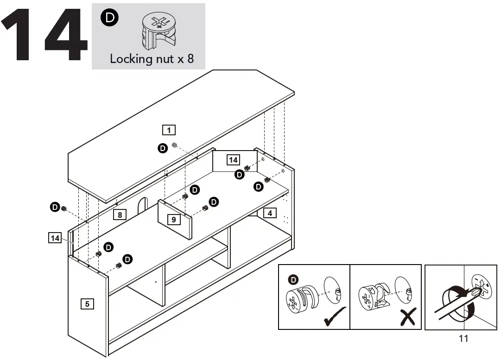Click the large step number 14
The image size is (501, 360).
[44, 36]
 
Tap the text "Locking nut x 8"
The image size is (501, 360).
[152, 59]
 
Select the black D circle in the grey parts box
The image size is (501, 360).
[109, 18]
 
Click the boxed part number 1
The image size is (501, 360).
[169, 130]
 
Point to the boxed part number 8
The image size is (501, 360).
[120, 215]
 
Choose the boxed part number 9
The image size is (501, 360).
[173, 220]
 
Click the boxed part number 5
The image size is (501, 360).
[87, 304]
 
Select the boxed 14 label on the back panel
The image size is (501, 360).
[233, 160]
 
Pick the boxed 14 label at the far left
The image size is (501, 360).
[55, 238]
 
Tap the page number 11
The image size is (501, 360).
[463, 339]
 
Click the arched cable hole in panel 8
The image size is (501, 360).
[142, 206]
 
